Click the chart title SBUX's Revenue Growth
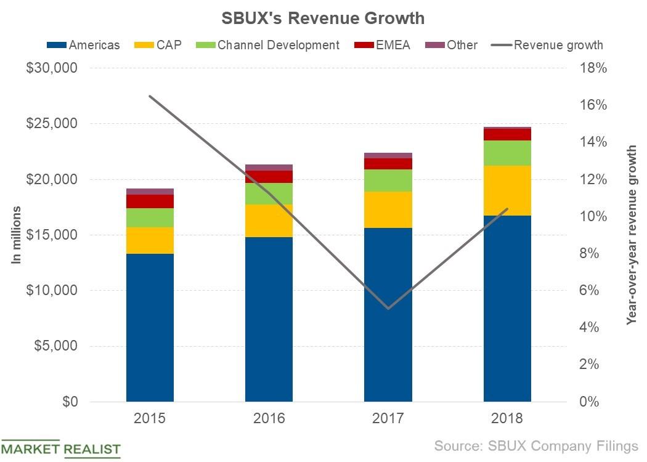click(323, 18)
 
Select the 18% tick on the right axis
click(595, 68)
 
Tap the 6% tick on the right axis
click(595, 291)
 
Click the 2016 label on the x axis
click(269, 419)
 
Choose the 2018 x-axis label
click(507, 419)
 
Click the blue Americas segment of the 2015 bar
click(150, 326)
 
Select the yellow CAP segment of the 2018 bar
click(507, 190)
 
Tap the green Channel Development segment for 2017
click(388, 180)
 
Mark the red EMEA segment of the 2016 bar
click(269, 177)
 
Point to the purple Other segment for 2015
click(150, 192)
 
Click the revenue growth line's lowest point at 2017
click(388, 309)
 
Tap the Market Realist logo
click(60, 449)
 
